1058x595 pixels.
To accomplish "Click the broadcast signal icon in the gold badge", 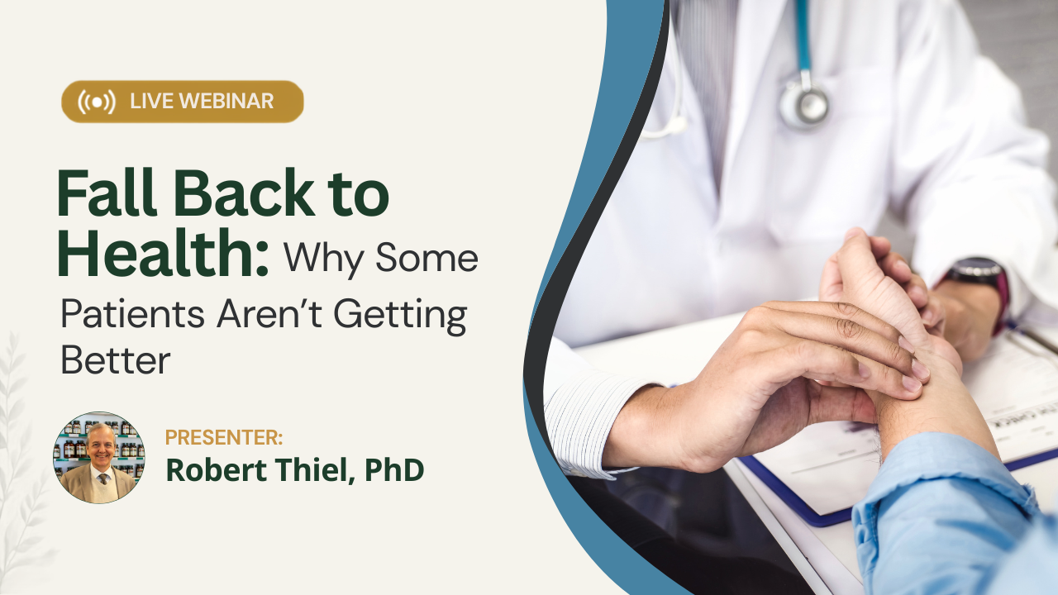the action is (97, 102).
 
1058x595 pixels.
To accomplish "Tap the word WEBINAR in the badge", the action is (226, 102).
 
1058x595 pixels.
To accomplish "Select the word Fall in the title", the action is (107, 193).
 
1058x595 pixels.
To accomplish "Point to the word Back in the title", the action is (243, 193).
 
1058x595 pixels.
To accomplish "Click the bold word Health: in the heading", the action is (163, 252).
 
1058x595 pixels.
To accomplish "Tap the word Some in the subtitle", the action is (427, 258).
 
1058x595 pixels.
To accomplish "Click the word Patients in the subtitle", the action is (133, 313).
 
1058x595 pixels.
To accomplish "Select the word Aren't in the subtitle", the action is (269, 313).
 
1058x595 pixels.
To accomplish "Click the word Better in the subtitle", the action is (116, 360).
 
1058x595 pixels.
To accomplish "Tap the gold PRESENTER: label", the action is (224, 437).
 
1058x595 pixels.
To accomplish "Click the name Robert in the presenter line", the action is (217, 470).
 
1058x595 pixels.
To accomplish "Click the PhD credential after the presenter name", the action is (394, 470).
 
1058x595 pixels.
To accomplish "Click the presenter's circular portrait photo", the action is (98, 457).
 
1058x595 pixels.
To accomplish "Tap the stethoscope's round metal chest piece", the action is (804, 105).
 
